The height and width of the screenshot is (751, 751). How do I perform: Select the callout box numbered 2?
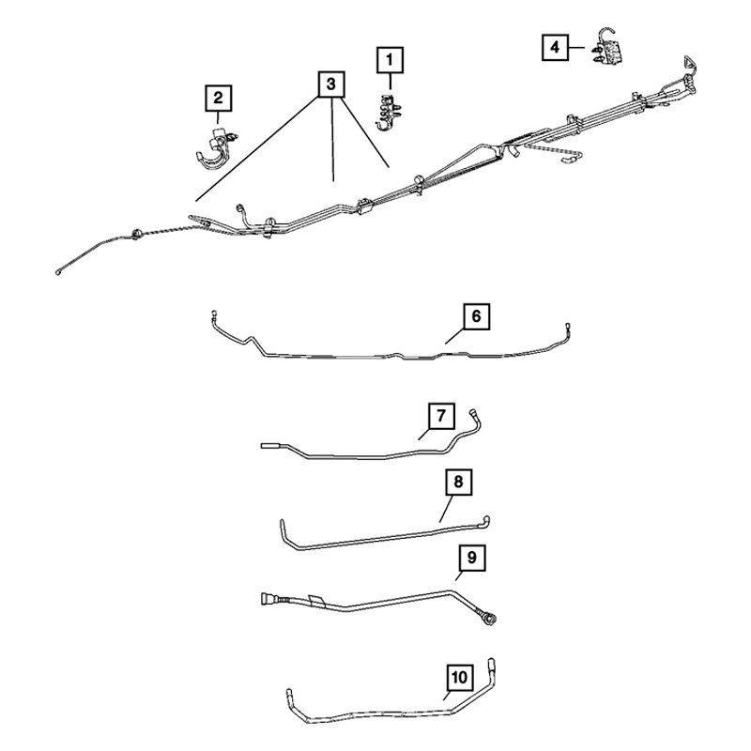tap(217, 97)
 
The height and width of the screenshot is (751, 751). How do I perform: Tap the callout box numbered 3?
tap(330, 85)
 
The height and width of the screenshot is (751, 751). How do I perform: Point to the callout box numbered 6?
tap(476, 317)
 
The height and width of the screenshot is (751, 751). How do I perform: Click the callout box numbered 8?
tap(457, 483)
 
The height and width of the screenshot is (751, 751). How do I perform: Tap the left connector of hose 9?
tap(268, 596)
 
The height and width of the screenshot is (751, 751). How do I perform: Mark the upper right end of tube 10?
tap(493, 664)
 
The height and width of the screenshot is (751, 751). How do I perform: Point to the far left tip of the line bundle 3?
tap(59, 272)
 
